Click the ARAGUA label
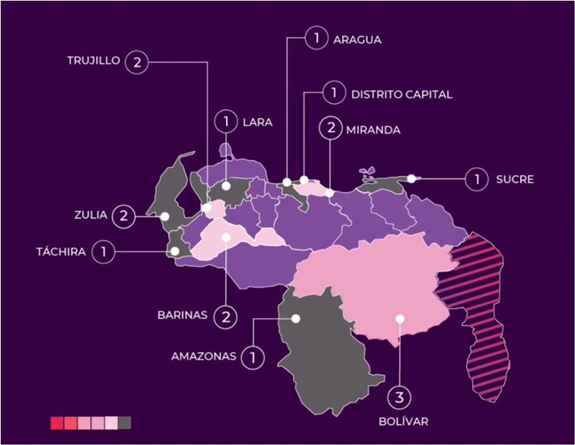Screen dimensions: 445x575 (x=358, y=38)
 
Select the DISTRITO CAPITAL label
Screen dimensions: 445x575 (x=401, y=94)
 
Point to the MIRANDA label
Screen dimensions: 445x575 (x=372, y=129)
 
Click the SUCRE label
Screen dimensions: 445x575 (x=514, y=179)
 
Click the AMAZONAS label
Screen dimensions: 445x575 (x=204, y=356)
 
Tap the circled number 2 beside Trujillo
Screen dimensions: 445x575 (x=137, y=63)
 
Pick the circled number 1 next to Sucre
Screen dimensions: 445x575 (x=478, y=179)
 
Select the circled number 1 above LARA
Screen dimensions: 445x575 (x=227, y=122)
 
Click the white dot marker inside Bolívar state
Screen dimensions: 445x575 (x=399, y=318)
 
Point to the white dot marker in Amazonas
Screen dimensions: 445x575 (x=295, y=318)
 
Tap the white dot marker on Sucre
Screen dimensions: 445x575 (x=412, y=178)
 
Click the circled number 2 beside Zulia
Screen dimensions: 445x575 (x=124, y=214)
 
